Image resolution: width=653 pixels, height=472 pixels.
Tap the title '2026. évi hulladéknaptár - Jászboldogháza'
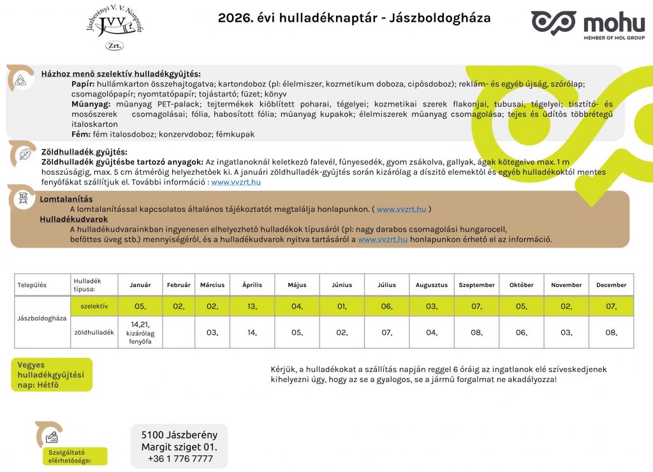pyautogui.click(x=355, y=18)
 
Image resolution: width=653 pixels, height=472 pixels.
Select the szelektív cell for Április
pyautogui.click(x=253, y=306)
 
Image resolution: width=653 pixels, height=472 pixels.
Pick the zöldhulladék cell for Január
pyautogui.click(x=140, y=332)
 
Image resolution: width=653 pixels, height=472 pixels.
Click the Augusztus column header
pyautogui.click(x=432, y=285)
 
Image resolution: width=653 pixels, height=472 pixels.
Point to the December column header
pyautogui.click(x=611, y=285)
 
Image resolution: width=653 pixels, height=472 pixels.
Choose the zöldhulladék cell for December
pyautogui.click(x=611, y=332)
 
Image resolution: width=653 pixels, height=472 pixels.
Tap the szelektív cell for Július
pyautogui.click(x=387, y=306)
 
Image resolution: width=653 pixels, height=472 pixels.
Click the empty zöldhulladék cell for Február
pyautogui.click(x=179, y=332)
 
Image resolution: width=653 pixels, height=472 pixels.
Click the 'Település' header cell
pyautogui.click(x=32, y=285)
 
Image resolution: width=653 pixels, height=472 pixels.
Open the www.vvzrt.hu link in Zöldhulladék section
pyautogui.click(x=236, y=182)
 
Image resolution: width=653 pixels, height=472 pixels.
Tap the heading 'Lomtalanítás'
pyautogui.click(x=66, y=199)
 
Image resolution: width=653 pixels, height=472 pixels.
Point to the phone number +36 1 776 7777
pyautogui.click(x=180, y=459)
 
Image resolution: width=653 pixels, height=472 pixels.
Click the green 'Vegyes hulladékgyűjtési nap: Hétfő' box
pyautogui.click(x=51, y=375)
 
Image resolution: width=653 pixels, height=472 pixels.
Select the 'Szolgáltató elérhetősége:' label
pyautogui.click(x=70, y=456)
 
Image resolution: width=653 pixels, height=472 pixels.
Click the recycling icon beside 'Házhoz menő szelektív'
pyautogui.click(x=21, y=79)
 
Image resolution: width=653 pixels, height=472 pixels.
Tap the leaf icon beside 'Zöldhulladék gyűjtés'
pyautogui.click(x=25, y=154)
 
